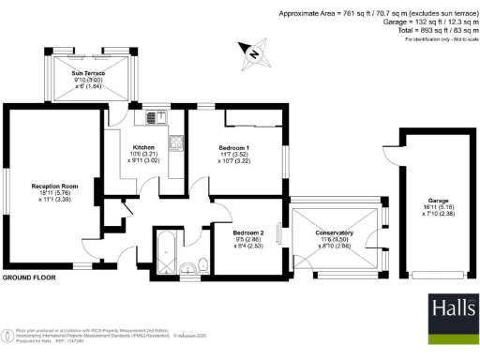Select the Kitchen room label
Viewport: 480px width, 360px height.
pos(143,147)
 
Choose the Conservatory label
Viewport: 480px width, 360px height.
pos(334,232)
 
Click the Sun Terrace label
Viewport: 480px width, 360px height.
pos(88,71)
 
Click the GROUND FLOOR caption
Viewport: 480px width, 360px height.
pos(29,278)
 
